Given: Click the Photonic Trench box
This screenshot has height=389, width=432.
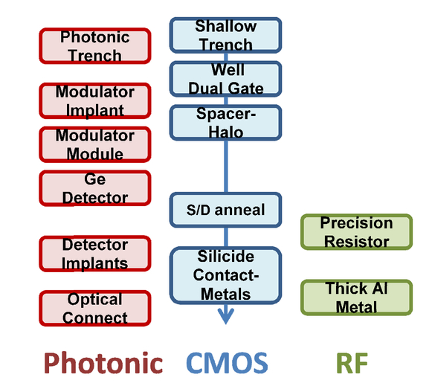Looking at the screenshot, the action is pyautogui.click(x=95, y=46).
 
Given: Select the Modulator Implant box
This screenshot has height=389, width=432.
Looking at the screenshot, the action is pyautogui.click(x=95, y=101).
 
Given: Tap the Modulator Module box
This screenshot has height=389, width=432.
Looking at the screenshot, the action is pyautogui.click(x=95, y=144).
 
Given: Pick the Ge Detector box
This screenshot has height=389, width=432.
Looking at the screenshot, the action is pyautogui.click(x=95, y=188).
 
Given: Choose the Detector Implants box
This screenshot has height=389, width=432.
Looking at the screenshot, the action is pyautogui.click(x=95, y=254).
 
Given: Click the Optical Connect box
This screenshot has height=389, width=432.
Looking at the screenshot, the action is pyautogui.click(x=95, y=309).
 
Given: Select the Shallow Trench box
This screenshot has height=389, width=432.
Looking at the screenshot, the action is pyautogui.click(x=225, y=35).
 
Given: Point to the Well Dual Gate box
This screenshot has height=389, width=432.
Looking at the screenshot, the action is pyautogui.click(x=225, y=79).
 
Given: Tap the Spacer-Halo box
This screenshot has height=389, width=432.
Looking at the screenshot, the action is pyautogui.click(x=225, y=123).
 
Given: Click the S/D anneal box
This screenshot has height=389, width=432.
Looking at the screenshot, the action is pyautogui.click(x=225, y=210).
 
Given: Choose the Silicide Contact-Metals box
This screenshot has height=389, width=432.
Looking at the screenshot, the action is pyautogui.click(x=225, y=275).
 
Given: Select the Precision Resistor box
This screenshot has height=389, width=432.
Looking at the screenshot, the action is pyautogui.click(x=356, y=232).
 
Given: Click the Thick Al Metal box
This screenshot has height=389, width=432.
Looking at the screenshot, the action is pyautogui.click(x=356, y=298).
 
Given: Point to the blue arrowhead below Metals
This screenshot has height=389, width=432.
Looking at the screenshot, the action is pyautogui.click(x=226, y=316).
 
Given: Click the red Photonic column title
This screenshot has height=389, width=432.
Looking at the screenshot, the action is pyautogui.click(x=103, y=363).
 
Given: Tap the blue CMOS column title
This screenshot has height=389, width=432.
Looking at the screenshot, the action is pyautogui.click(x=227, y=363).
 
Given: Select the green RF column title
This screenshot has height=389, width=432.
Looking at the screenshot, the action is pyautogui.click(x=352, y=363).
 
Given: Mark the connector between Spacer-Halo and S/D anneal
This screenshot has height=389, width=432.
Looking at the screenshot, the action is pyautogui.click(x=226, y=167).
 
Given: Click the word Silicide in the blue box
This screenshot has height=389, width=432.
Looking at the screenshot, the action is pyautogui.click(x=225, y=257).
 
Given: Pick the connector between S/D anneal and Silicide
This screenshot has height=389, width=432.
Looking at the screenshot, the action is pyautogui.click(x=226, y=237).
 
